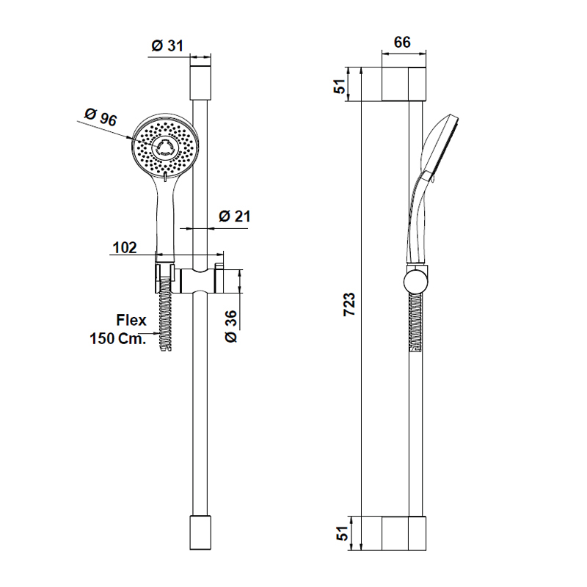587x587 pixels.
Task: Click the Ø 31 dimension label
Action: (167, 45)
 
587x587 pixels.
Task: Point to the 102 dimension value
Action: (124, 248)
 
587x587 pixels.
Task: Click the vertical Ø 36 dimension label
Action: (229, 326)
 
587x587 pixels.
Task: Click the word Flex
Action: (131, 320)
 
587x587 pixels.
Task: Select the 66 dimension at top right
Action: (402, 42)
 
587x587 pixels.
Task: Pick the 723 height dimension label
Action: (350, 304)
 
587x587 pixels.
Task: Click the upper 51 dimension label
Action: (339, 85)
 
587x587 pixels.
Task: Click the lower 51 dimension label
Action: (339, 534)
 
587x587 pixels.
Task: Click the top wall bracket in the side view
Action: (404, 84)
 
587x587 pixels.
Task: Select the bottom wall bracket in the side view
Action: (404, 533)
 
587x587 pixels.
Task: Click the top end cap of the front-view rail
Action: (200, 81)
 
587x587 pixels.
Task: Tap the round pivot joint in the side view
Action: (415, 281)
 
